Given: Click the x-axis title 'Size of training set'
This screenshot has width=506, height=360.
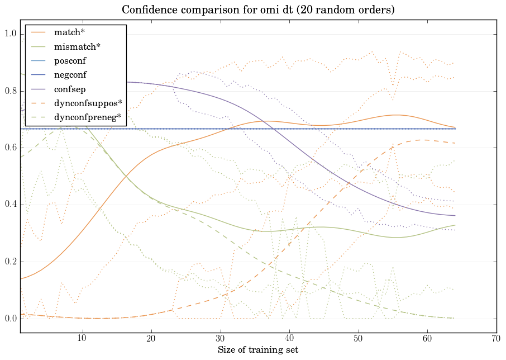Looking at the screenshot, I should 257,350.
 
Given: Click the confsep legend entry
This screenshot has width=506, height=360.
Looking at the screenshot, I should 69,89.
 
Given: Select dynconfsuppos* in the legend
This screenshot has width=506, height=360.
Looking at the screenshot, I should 88,103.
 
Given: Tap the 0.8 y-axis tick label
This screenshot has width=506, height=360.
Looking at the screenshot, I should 11,92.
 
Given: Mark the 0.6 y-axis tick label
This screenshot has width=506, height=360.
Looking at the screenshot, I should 11,148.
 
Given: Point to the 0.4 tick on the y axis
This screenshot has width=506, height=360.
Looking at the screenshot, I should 11,205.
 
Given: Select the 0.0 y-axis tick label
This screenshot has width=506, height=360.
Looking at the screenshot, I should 11,319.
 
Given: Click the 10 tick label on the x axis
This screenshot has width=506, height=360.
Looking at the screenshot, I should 82,339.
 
